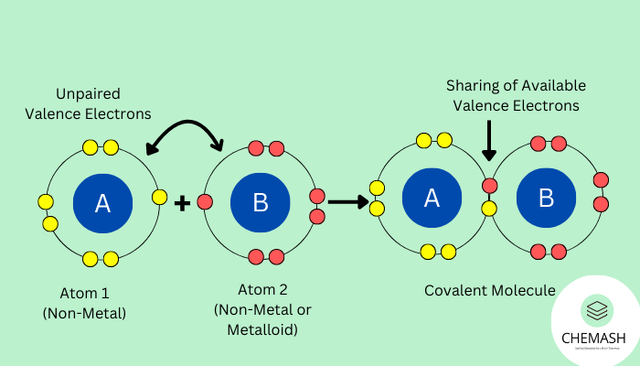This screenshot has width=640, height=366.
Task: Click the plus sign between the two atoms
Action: [x=182, y=202]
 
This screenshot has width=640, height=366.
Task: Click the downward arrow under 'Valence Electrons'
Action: [x=489, y=142]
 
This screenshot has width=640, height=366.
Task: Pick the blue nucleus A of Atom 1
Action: [x=102, y=202]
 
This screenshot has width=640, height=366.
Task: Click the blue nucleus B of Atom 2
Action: [x=261, y=202]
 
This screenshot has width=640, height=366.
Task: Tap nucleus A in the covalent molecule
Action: [x=432, y=198]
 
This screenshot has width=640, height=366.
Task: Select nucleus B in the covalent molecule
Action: [x=547, y=198]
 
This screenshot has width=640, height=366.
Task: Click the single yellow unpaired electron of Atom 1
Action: [x=160, y=197]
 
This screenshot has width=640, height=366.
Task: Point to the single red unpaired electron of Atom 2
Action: [x=205, y=201]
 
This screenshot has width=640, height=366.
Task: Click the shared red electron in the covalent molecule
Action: [x=490, y=187]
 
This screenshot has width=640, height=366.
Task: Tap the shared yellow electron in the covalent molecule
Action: [x=490, y=209]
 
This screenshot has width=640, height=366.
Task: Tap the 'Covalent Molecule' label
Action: [x=489, y=290]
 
